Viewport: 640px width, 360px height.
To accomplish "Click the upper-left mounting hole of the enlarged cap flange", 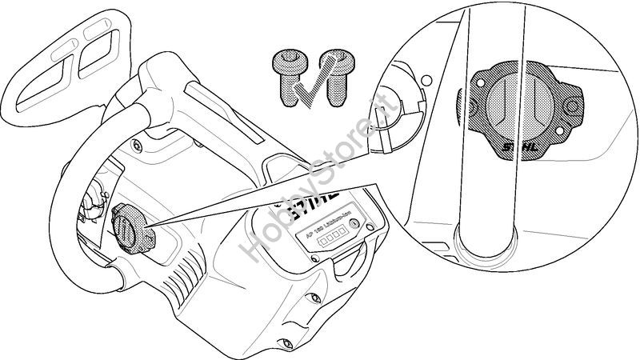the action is click(480, 78).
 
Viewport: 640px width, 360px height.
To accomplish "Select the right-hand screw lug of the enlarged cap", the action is click(568, 105).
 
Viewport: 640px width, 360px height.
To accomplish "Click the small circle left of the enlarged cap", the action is click(427, 81).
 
